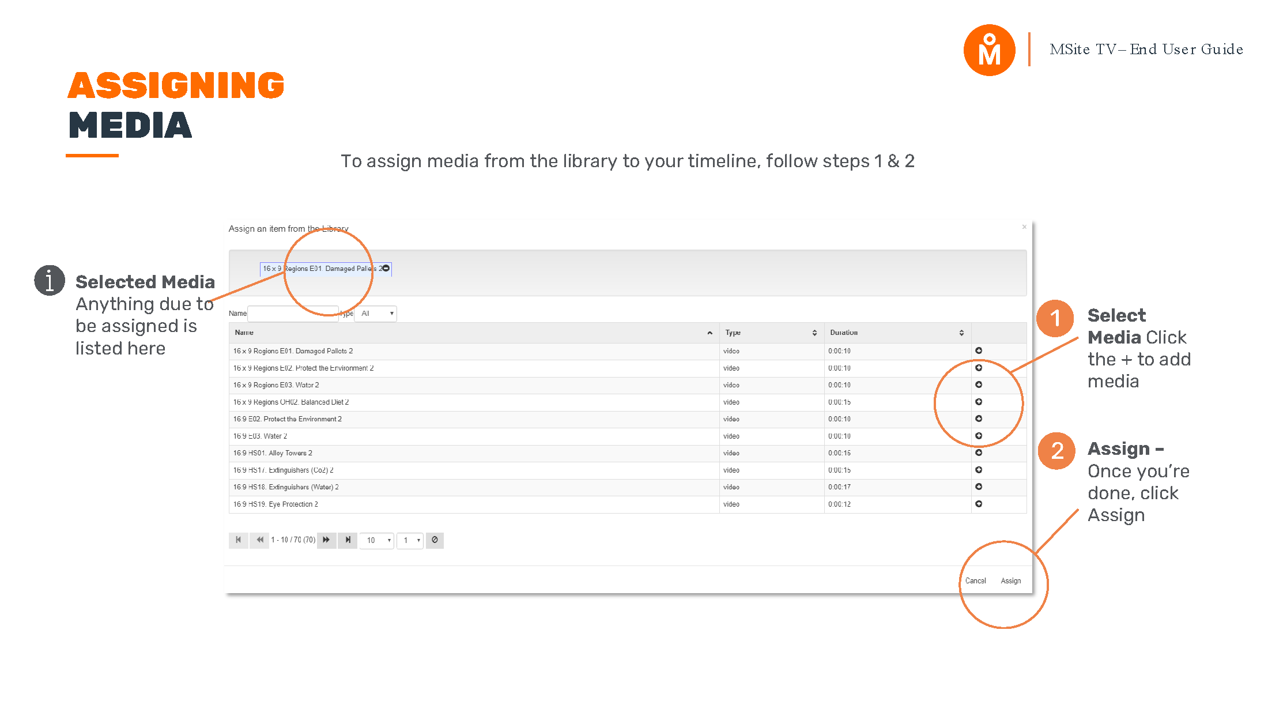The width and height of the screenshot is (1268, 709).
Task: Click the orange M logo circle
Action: [989, 50]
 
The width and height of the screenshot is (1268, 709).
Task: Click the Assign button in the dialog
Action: [1010, 580]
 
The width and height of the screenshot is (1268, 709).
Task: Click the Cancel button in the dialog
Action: [975, 580]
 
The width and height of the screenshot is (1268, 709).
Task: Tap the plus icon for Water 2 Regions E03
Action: [978, 384]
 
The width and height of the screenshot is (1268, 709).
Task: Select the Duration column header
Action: [844, 333]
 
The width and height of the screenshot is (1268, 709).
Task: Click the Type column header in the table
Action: [733, 333]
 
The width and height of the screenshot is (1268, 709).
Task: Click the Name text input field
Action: [292, 314]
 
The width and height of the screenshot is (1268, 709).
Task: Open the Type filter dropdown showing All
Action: [376, 314]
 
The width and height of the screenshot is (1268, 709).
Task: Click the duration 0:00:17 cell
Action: [839, 487]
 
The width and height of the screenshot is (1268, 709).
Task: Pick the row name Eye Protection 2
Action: [276, 504]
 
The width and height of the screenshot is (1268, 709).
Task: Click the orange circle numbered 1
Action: [1055, 318]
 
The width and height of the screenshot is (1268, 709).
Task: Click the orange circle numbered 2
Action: [1056, 451]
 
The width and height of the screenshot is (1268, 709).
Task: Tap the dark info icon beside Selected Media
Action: [50, 281]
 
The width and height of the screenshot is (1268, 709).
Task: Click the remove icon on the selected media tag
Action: [386, 268]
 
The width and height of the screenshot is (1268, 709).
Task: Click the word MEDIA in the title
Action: [130, 126]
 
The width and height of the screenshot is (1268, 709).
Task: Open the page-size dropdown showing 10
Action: [376, 540]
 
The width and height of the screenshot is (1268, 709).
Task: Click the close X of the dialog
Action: [1024, 227]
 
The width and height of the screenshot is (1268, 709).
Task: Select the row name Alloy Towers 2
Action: [273, 453]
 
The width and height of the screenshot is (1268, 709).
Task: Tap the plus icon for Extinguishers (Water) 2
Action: [978, 487]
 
